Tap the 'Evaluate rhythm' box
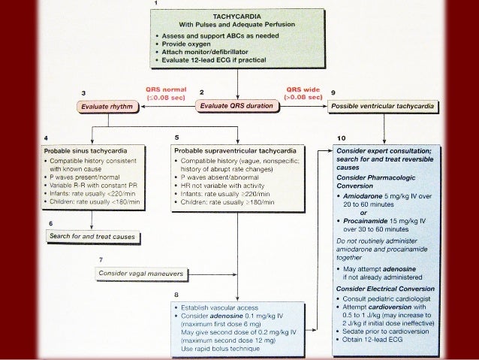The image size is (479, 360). tap(111, 107)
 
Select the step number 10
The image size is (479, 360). tap(342, 138)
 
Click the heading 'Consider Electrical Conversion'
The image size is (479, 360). tap(385, 288)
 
